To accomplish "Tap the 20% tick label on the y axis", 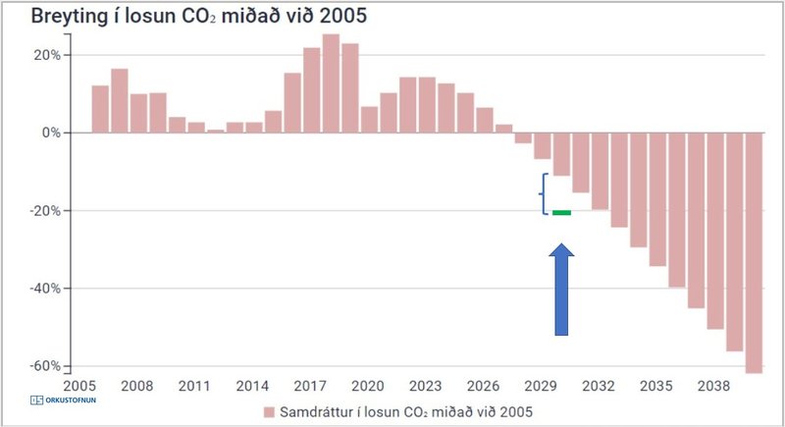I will (x=44, y=55).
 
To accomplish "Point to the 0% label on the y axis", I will (x=48, y=133).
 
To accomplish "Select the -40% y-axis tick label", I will (x=42, y=289).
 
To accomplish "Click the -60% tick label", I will (x=42, y=366).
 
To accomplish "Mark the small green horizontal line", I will (x=561, y=212).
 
